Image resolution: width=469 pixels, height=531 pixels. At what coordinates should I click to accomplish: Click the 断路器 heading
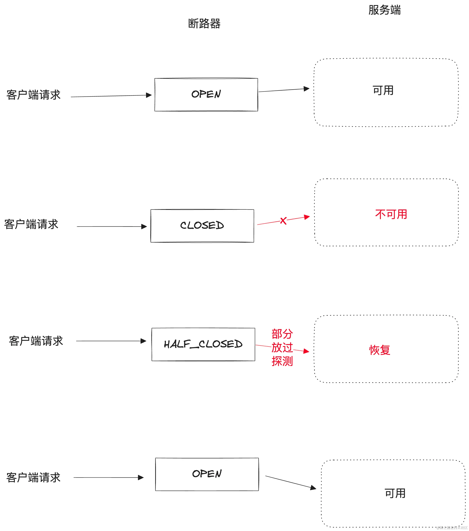click(204, 24)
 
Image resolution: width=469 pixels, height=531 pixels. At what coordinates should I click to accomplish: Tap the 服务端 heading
click(385, 10)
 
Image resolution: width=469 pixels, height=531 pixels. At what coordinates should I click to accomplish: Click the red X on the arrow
click(283, 221)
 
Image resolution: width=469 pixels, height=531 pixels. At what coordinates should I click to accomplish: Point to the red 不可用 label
click(391, 214)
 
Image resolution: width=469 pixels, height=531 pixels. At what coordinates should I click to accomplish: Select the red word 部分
click(282, 334)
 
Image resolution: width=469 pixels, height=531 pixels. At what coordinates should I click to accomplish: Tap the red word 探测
click(282, 361)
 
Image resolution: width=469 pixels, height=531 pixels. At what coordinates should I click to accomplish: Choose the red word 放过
click(282, 347)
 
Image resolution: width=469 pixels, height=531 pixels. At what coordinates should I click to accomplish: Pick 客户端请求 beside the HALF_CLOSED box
click(36, 341)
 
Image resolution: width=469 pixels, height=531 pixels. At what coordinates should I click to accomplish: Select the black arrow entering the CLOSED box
click(112, 227)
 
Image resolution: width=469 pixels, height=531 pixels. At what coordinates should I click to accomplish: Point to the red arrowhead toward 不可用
click(307, 217)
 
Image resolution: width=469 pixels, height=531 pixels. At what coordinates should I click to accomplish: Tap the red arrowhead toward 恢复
click(306, 351)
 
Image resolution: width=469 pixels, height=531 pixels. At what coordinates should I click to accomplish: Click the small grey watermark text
click(452, 528)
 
